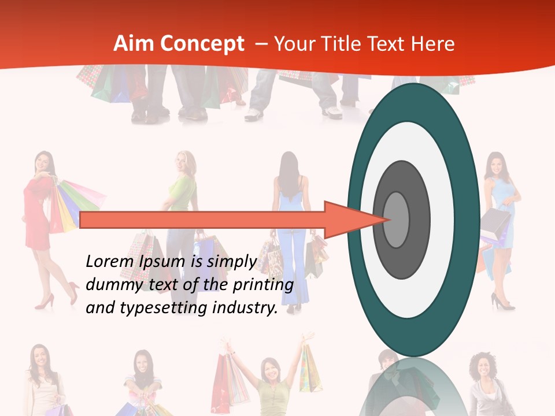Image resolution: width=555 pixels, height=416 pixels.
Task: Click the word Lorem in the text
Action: (110, 262)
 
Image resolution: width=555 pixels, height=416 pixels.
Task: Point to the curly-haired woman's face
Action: (482, 370)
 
